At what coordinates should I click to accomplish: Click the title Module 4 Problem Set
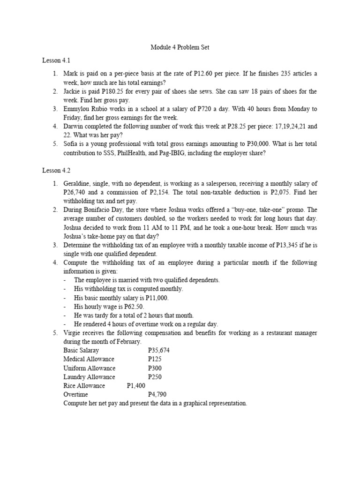(x=180, y=47)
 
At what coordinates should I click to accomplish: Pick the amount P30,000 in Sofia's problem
(x=247, y=144)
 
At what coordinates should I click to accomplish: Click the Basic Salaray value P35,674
(x=158, y=350)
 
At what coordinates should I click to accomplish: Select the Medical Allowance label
(x=89, y=359)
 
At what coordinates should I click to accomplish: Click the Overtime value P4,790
(x=157, y=395)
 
